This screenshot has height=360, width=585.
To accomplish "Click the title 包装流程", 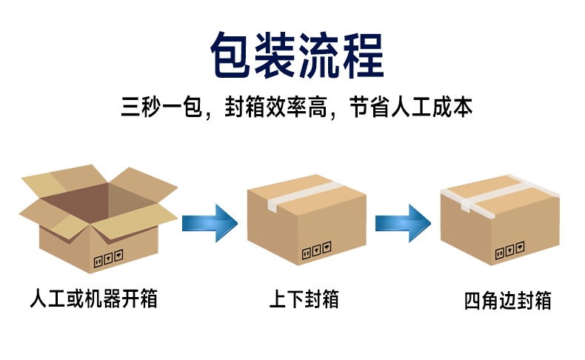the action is coord(298,55).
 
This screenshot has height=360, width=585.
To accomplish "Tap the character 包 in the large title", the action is coord(231,55).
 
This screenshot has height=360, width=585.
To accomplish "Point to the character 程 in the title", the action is coord(364,55).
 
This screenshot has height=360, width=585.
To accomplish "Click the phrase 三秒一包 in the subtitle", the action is coord(161,107).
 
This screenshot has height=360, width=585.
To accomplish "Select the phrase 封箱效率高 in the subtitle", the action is coord(275,107).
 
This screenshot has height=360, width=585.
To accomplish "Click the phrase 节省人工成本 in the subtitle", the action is coord(411,107).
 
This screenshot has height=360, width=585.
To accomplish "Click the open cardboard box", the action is coord(98,219).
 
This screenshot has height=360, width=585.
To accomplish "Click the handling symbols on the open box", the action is coord(109,259).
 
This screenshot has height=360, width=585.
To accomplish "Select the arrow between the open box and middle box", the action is coord(210,223).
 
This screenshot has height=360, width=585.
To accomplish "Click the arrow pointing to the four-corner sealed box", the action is coord(403,223).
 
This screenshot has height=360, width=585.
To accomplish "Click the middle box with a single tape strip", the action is coord(307,220).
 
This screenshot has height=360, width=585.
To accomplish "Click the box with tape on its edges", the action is coord(500,220).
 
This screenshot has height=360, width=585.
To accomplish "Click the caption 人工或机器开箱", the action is coord(93,299).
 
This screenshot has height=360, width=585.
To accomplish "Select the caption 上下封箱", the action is coord(304,299).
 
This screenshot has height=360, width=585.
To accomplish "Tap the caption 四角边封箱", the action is coord(507,301).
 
